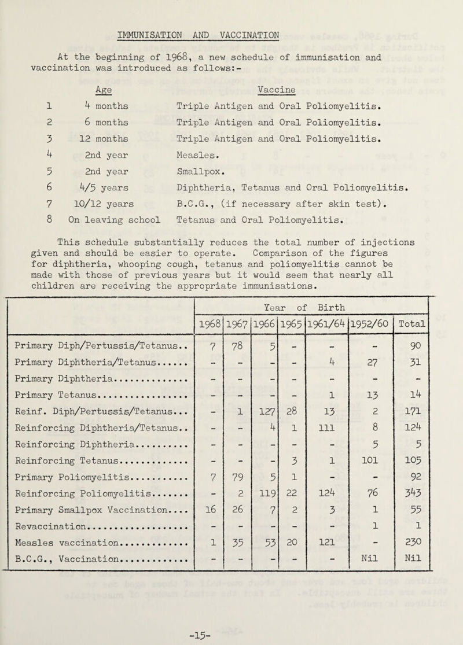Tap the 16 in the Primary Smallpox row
click(x=215, y=493)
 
